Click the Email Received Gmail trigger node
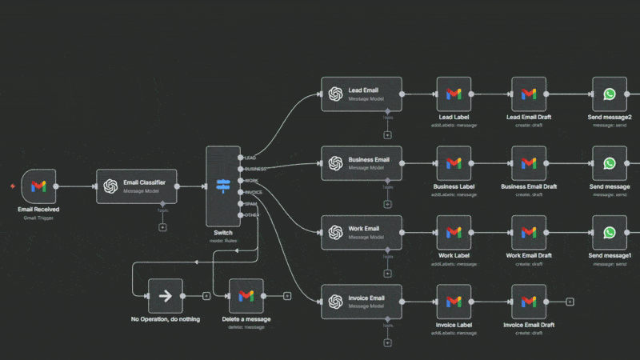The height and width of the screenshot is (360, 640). (38, 186)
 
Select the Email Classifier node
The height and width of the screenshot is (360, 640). (136, 186)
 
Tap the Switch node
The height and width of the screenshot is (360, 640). (222, 186)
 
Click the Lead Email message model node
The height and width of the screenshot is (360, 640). (362, 94)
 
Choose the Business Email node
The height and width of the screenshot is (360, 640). (362, 163)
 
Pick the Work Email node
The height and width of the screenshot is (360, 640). (362, 232)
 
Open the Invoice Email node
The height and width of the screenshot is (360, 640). (362, 302)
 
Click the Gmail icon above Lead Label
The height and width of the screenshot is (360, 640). (454, 94)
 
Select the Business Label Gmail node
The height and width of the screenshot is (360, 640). (454, 163)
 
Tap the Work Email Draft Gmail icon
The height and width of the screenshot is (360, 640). (529, 232)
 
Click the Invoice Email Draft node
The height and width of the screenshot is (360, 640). (529, 302)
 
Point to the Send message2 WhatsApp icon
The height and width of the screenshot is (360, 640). (610, 94)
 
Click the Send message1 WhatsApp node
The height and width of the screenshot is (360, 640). (610, 232)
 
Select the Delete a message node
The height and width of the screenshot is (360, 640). (246, 296)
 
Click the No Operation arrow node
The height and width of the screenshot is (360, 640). (166, 296)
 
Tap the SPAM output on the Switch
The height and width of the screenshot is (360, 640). (250, 204)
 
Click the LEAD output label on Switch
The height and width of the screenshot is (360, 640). (250, 158)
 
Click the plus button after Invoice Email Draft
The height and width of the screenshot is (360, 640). (570, 302)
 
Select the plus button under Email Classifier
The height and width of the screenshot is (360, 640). (163, 227)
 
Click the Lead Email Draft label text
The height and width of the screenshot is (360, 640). (529, 118)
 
